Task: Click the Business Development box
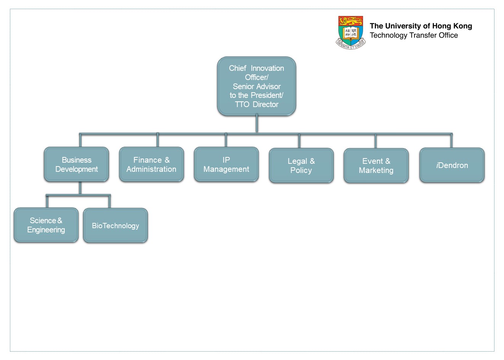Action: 76,165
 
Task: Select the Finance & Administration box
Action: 151,165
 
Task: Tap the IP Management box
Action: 226,165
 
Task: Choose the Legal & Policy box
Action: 301,166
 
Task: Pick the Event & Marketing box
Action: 376,166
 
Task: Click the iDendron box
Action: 452,165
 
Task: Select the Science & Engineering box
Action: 46,225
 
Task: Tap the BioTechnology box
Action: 115,226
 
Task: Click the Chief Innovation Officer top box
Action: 256,86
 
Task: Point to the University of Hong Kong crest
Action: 350,32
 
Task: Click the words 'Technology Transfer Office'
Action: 414,35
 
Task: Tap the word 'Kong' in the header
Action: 462,26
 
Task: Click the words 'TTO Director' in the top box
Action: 256,104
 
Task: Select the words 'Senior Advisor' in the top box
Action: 256,86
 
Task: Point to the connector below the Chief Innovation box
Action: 257,124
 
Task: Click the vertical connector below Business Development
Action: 80,188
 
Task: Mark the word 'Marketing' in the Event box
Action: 376,170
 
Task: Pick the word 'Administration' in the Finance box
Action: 151,169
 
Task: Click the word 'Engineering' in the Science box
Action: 46,230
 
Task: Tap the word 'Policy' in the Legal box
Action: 301,170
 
